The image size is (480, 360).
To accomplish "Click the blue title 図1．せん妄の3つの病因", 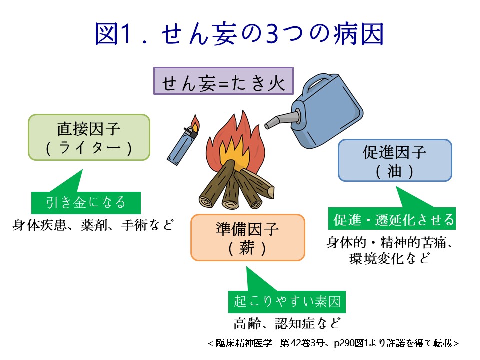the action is click(239, 34).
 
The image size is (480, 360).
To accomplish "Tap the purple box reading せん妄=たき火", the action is click(223, 81).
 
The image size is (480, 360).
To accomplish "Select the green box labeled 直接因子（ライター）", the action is click(89, 138).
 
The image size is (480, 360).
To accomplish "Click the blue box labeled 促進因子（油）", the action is click(395, 160).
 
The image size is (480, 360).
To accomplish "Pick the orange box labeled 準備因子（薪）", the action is click(248, 238).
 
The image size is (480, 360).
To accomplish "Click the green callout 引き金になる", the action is click(86, 203).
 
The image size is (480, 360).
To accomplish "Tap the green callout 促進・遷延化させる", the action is click(392, 219).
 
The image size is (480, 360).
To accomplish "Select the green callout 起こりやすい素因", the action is click(287, 302).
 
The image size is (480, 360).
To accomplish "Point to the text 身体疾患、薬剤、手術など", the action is click(93, 225).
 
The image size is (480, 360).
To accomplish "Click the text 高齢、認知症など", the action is click(287, 323).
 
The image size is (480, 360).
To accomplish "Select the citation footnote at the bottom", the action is click(333, 343).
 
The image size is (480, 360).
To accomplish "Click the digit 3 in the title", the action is click(272, 34).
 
